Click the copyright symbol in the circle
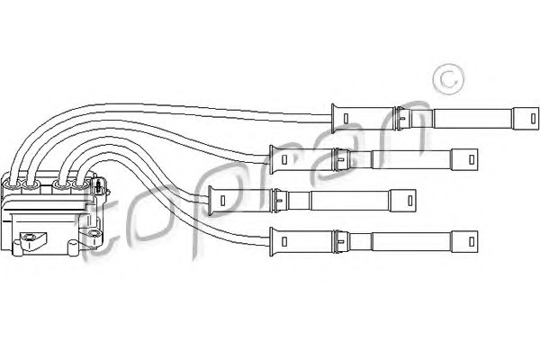[448, 79]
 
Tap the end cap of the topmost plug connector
[526, 119]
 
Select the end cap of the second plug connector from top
[464, 159]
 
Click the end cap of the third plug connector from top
[402, 201]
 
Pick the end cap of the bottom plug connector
[464, 241]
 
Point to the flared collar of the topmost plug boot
[333, 119]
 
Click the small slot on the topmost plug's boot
[346, 119]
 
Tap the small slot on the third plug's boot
[223, 201]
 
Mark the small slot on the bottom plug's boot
[284, 241]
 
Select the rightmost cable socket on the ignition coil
[80, 186]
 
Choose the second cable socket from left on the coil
[31, 186]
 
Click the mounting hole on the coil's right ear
[93, 234]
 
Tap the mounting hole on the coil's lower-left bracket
[29, 237]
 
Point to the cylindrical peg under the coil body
[73, 248]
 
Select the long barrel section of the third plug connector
[350, 201]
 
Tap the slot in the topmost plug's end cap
[533, 119]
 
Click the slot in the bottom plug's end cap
[472, 241]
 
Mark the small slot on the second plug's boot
[284, 159]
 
